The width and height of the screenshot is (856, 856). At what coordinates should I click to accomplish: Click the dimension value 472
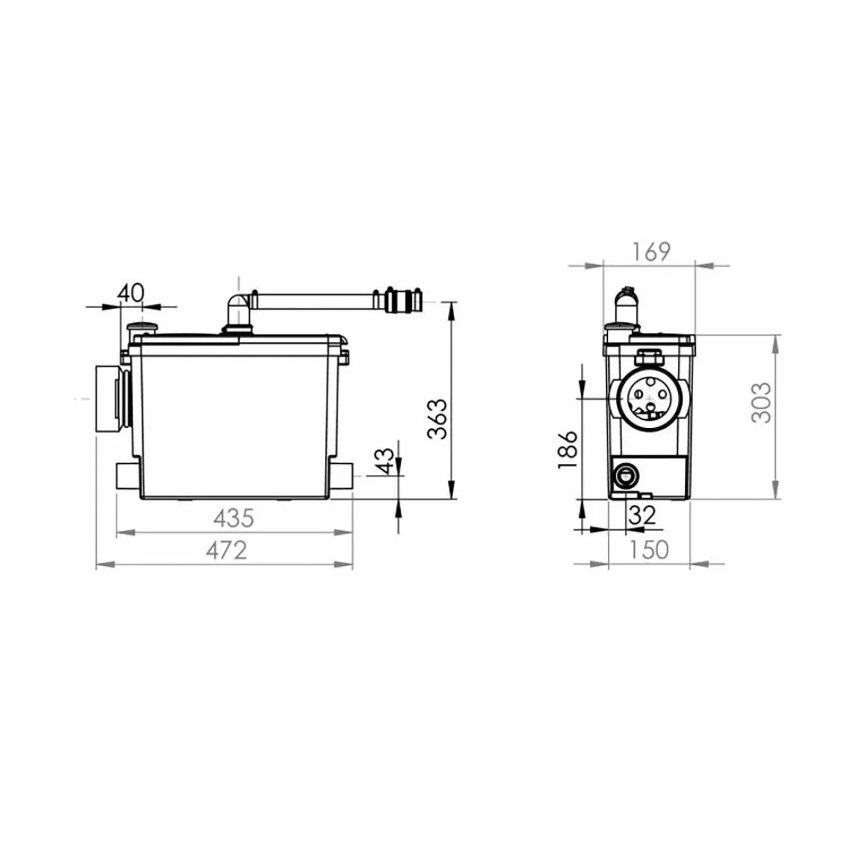point(226,551)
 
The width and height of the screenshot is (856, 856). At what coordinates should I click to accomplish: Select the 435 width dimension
point(233,518)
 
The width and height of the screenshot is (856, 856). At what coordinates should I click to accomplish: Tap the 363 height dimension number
point(437,419)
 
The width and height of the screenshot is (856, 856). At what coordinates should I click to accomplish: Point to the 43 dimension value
point(385,461)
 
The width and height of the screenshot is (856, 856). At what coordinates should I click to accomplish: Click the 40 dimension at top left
point(131,293)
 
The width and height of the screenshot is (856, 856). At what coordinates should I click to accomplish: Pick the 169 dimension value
point(651,252)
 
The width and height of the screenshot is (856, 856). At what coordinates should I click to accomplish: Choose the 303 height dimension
point(761,402)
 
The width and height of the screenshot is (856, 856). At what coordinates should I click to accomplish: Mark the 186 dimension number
point(567,449)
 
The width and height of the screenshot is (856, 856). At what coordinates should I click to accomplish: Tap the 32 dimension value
point(642,515)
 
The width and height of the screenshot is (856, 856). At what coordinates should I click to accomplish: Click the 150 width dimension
point(648,550)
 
